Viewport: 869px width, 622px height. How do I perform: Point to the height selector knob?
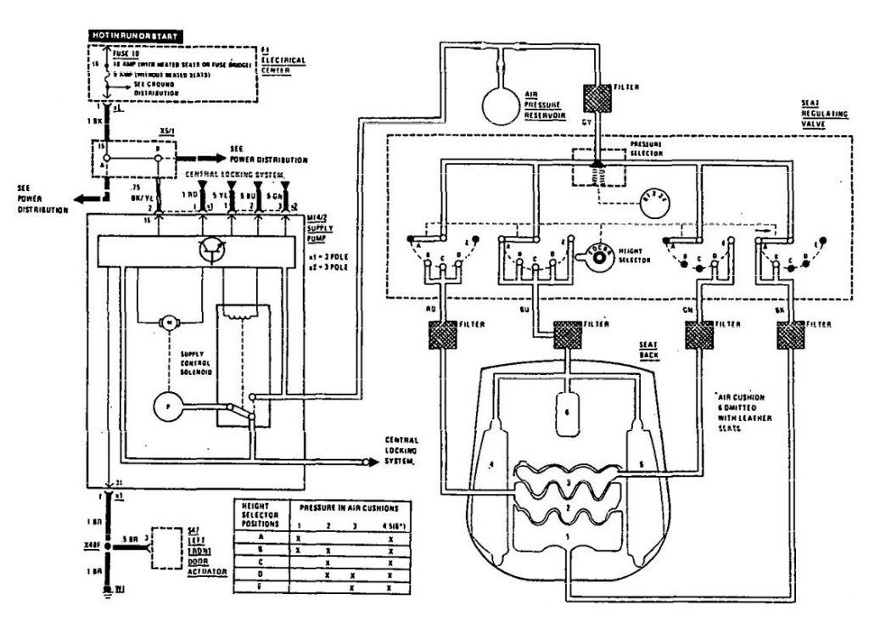pyautogui.click(x=598, y=251)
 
